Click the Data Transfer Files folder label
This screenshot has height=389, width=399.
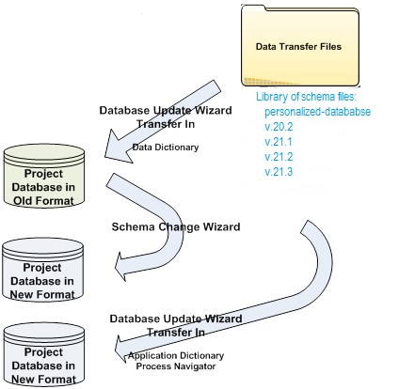(x=298, y=47)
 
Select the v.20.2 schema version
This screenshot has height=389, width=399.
(x=279, y=127)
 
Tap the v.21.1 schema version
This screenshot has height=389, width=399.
(x=279, y=142)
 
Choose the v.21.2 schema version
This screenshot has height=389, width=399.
(x=279, y=157)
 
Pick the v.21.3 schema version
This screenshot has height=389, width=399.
(x=279, y=172)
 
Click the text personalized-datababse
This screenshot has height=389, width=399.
(x=317, y=112)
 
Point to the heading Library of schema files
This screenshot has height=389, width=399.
(x=306, y=97)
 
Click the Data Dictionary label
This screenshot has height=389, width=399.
(x=166, y=148)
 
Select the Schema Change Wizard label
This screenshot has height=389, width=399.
(x=176, y=226)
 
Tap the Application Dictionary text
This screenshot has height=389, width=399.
(x=176, y=355)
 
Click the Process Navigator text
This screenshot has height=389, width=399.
(x=176, y=366)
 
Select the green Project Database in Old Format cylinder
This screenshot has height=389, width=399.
(x=44, y=176)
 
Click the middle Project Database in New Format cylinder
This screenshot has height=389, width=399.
(x=42, y=270)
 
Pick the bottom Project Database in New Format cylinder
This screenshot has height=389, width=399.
(x=44, y=354)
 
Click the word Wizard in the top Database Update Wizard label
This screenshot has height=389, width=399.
(x=214, y=110)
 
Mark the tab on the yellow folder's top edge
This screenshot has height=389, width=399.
(x=252, y=7)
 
